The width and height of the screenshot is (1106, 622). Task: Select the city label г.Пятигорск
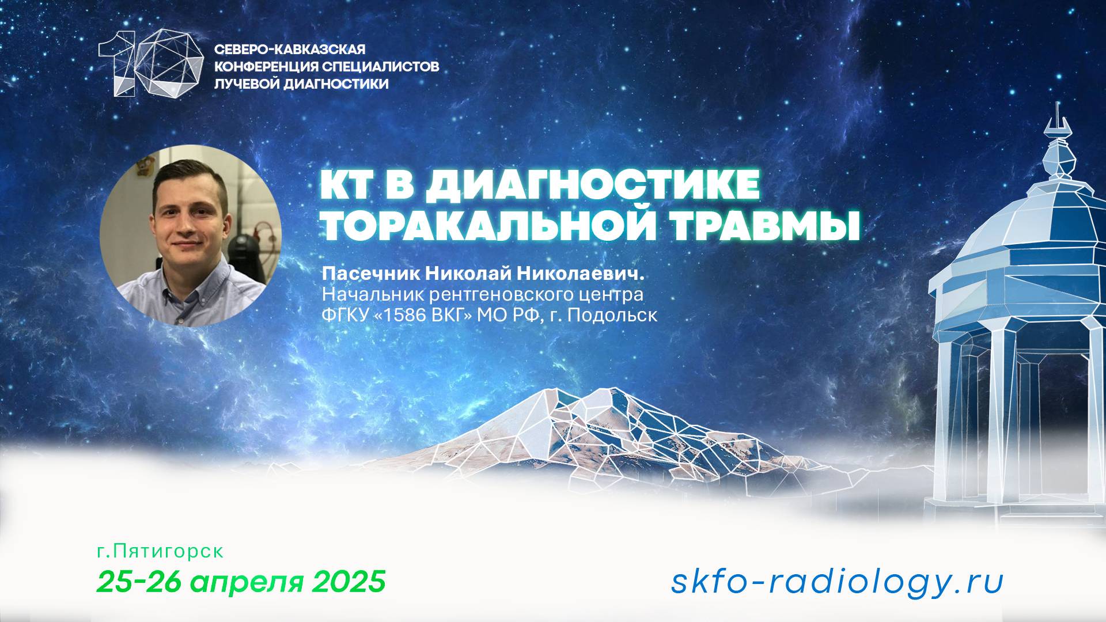tap(160, 551)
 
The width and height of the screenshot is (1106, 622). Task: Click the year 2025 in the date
tap(349, 582)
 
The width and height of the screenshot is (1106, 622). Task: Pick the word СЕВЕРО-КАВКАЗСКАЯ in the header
tap(290, 50)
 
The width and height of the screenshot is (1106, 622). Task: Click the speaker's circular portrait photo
tap(191, 236)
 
